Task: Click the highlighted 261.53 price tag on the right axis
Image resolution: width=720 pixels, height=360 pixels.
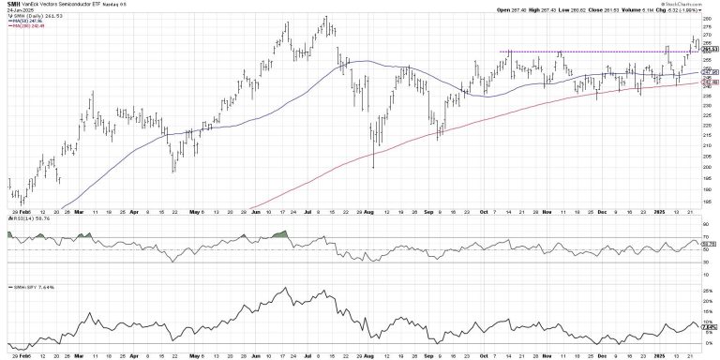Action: click(x=711, y=50)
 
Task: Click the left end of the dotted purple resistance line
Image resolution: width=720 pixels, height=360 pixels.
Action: click(x=502, y=51)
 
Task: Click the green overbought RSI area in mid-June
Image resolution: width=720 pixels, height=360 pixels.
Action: click(x=278, y=233)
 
